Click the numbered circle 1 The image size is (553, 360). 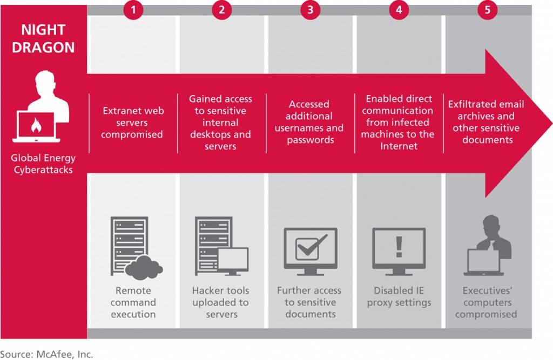[x=133, y=10]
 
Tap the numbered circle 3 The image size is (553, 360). [x=311, y=10]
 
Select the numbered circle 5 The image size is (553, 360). [x=488, y=10]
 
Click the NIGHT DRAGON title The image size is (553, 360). [x=43, y=38]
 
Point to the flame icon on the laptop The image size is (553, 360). [x=36, y=125]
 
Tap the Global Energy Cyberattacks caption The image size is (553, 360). [x=43, y=164]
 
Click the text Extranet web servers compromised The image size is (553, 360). [x=133, y=123]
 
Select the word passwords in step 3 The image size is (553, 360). [x=311, y=140]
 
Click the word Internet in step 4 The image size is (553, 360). [x=399, y=146]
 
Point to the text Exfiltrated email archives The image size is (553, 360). [x=486, y=110]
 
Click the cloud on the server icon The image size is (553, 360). [x=144, y=268]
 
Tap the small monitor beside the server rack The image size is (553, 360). [x=233, y=261]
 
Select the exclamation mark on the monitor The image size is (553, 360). [x=399, y=247]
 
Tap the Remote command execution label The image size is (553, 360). [x=133, y=303]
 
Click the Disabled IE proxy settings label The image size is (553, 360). [x=399, y=296]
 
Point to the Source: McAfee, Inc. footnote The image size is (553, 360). [x=46, y=355]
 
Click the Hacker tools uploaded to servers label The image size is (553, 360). [x=221, y=303]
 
